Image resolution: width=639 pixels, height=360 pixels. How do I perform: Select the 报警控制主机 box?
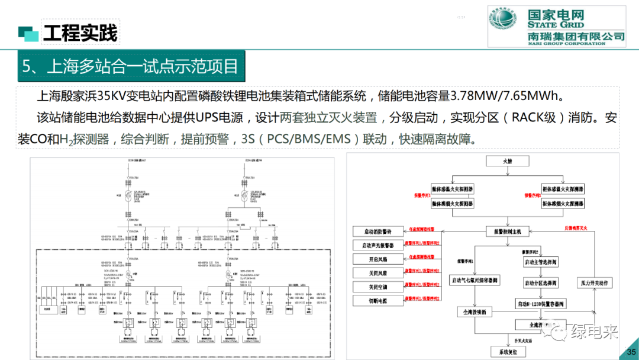coord(503,232)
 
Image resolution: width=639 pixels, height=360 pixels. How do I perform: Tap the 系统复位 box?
coord(508,352)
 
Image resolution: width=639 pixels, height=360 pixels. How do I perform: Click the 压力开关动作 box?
coord(595,284)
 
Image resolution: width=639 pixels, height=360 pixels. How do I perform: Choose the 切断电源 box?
coord(377,300)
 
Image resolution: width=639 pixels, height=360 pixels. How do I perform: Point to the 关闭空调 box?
coord(377,287)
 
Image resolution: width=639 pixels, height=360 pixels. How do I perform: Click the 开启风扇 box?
coord(377,259)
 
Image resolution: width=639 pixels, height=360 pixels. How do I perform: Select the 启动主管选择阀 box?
coord(541,262)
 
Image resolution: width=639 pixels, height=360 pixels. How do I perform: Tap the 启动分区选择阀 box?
coord(541,283)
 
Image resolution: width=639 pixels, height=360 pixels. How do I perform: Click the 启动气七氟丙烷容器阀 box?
coord(475,281)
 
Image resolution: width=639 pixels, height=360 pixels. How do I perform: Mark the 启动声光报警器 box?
coord(377,245)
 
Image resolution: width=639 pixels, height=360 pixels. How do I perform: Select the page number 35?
coord(630,352)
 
